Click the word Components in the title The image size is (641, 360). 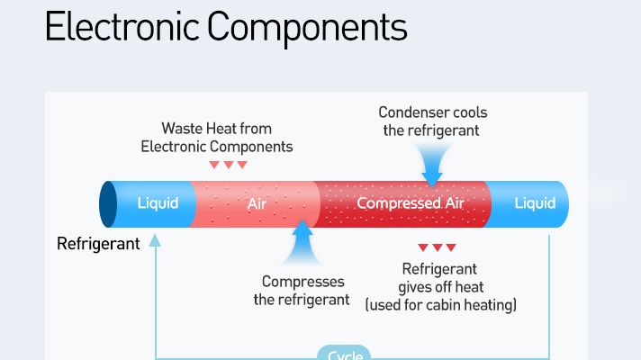pos(306,29)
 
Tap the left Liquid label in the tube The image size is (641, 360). pos(158,202)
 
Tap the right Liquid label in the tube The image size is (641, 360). pos(535,202)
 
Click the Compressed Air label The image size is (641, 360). pos(410,202)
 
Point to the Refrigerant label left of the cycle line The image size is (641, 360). pos(98,243)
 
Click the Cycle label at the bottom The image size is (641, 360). pos(345,355)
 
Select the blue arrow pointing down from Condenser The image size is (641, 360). pos(433,163)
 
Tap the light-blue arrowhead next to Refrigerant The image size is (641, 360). pos(156,240)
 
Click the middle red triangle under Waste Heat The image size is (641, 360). pos(228,165)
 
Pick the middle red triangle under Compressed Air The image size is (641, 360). pos(437,247)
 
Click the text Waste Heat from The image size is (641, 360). pos(216,128)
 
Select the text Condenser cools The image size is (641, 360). pos(432,112)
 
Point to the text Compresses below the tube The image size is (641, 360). pos(302,282)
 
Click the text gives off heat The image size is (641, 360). pos(441,287)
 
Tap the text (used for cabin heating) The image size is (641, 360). pos(440,305)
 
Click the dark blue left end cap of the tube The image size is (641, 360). pos(108,204)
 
